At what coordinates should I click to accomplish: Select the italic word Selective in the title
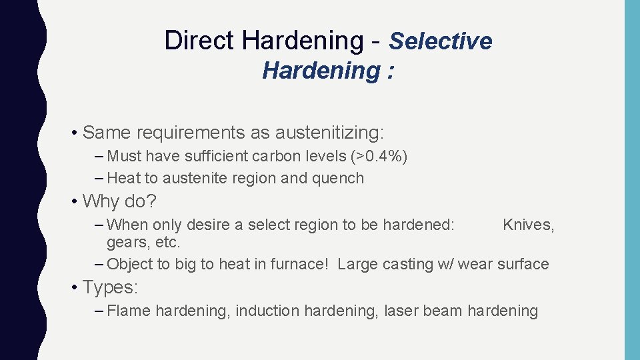coord(441,41)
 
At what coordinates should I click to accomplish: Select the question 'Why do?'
coord(121,201)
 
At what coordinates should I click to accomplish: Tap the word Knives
coord(528,225)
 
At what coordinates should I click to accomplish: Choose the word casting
coord(407,264)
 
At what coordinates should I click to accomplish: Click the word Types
coord(110,287)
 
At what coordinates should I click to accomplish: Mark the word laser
coord(399,311)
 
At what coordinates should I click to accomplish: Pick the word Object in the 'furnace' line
coord(131,264)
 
